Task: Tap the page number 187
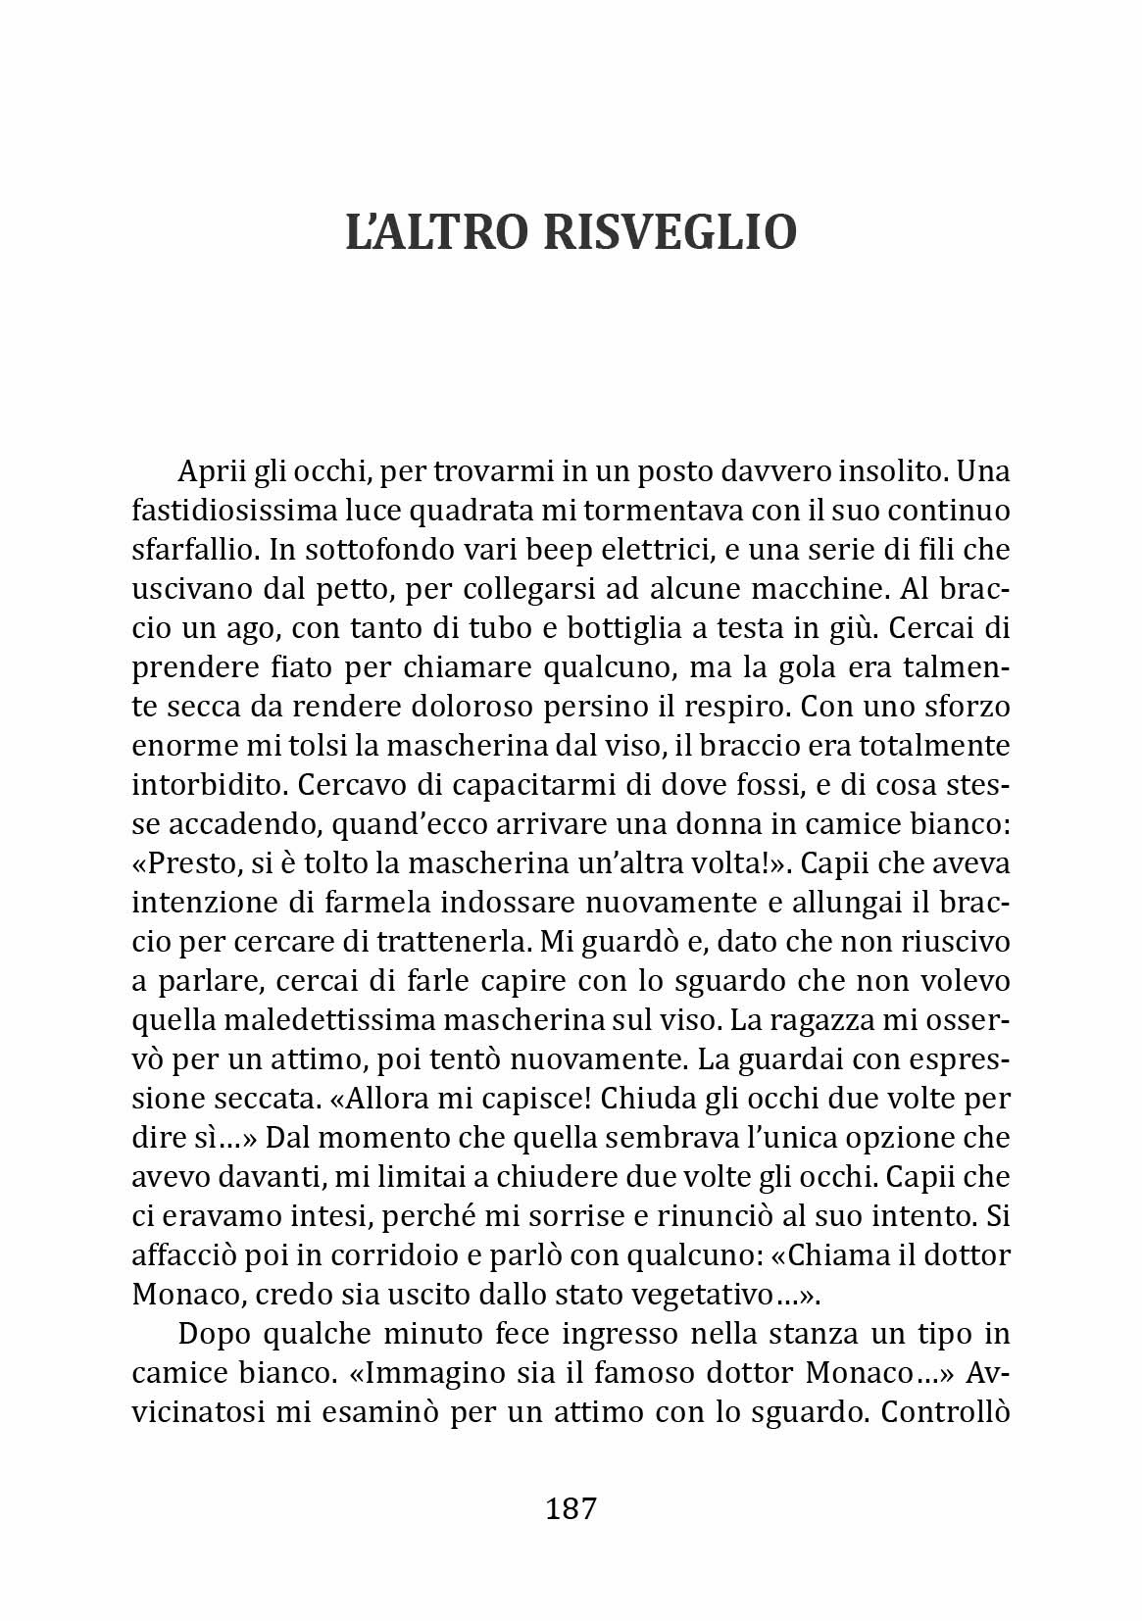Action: click(x=571, y=1507)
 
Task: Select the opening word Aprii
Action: click(x=212, y=472)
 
